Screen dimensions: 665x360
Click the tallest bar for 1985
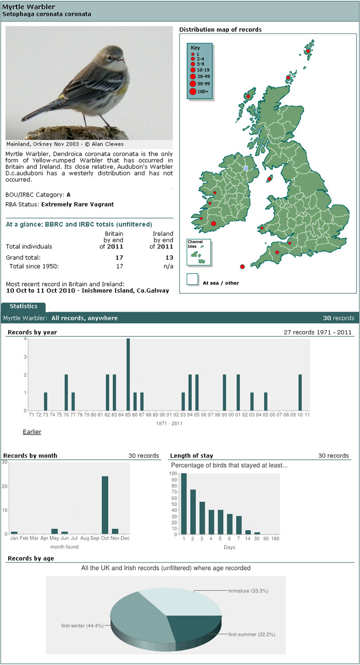(128, 374)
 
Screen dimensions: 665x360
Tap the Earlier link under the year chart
(32, 432)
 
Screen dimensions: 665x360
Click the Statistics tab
(23, 307)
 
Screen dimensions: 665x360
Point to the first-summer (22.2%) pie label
(251, 635)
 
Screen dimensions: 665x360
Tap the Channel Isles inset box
(198, 253)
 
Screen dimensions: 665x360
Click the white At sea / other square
(192, 279)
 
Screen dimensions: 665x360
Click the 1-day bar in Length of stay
(184, 504)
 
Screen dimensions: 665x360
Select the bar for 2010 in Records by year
(300, 392)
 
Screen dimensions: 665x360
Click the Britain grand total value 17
(119, 257)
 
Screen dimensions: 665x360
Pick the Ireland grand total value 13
(169, 257)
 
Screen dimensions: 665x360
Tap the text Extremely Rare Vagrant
(77, 204)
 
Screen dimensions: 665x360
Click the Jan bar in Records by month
(14, 532)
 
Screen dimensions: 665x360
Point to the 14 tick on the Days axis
(248, 540)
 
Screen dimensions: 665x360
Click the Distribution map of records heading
(220, 30)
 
